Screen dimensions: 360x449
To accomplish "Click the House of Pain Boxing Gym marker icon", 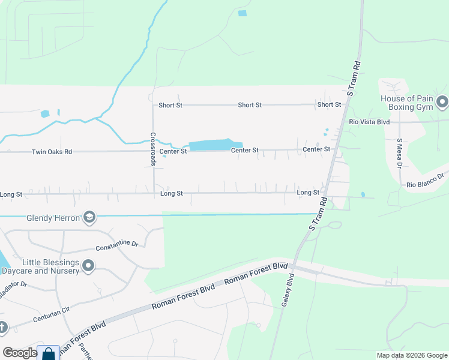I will pos(442,102).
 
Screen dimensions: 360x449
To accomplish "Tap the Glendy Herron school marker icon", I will pos(89,217).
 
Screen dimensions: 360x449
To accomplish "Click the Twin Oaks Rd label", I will pos(52,152).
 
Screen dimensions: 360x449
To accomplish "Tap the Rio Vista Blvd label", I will pos(369,122).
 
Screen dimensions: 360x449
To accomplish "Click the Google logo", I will pos(19,353).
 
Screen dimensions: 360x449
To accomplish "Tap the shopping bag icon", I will pos(48,354).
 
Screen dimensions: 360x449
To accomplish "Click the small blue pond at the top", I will pos(242,13).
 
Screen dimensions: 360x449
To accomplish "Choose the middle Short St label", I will pos(250,105).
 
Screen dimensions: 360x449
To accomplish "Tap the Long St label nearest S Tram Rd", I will pos(308,193).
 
